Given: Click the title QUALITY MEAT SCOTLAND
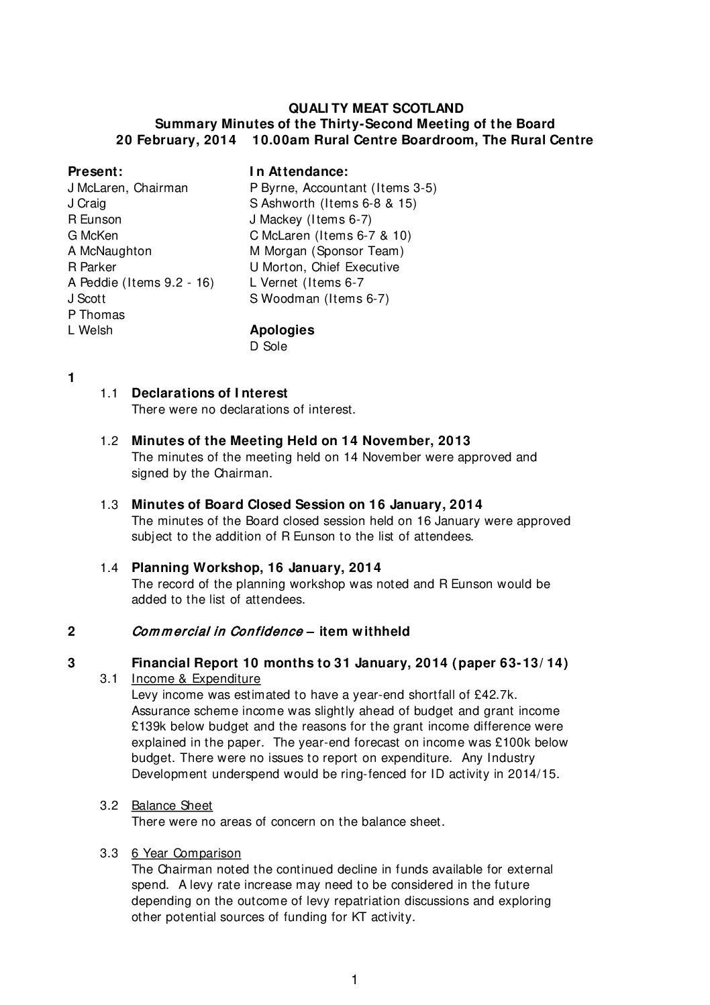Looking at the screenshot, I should pos(376,108).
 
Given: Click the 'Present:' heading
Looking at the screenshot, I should pos(95,172).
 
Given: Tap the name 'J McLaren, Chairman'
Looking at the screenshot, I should pos(128,188).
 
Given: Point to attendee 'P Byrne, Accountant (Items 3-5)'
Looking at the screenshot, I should pos(343,188).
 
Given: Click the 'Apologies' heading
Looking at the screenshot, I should pos(282,330).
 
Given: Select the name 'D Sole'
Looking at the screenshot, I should pos(268,346).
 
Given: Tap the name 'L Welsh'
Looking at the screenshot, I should pos(91,330).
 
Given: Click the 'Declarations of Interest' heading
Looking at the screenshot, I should pos(209,393).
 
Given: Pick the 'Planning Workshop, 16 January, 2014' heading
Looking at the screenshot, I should pos(256,568).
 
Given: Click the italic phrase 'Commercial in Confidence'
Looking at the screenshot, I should pos(217,632).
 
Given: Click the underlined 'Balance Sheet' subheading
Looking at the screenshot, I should pos(172,806).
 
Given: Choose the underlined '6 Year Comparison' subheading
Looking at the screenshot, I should pos(186,853).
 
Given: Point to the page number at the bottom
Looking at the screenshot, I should pos(354,980).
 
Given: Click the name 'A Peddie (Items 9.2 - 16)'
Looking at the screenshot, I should pos(141,283).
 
